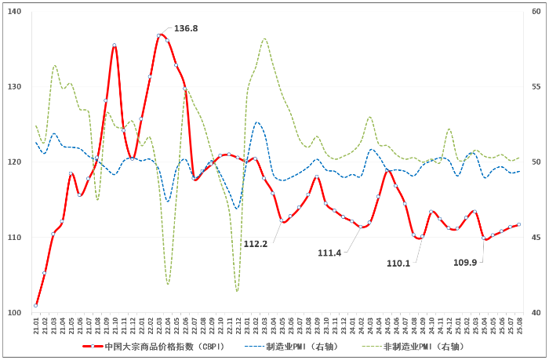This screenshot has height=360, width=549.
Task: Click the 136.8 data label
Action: tap(186, 28)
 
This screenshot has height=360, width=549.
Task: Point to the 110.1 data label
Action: tap(398, 264)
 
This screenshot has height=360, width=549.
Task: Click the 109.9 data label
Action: tap(466, 263)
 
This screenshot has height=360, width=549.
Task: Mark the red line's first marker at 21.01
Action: tap(36, 305)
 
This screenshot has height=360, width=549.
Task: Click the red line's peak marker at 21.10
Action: tap(115, 45)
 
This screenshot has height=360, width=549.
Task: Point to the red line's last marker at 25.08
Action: tap(519, 225)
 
